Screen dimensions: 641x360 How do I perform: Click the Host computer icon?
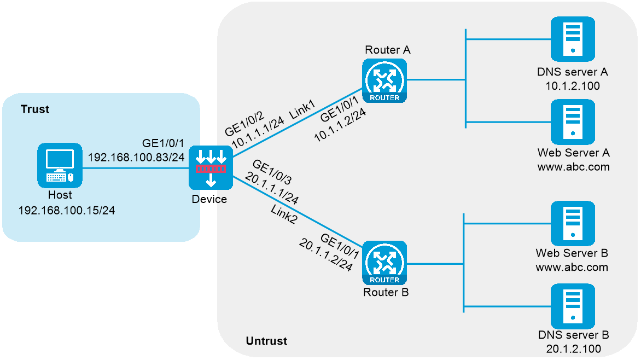[x=60, y=165]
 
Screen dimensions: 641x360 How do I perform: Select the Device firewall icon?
[x=211, y=168]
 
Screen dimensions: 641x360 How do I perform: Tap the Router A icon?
[x=384, y=80]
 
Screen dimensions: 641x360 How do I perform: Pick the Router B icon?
[x=384, y=263]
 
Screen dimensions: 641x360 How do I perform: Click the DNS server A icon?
[x=573, y=39]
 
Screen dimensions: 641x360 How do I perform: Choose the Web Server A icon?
[x=573, y=122]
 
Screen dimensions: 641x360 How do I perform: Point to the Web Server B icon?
[x=573, y=223]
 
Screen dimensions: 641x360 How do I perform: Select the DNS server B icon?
[x=573, y=306]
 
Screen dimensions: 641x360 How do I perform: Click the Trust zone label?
[x=35, y=109]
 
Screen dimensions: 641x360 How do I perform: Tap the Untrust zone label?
[x=266, y=341]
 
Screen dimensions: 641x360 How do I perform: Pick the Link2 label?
[x=284, y=214]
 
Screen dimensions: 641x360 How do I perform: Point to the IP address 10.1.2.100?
[x=573, y=86]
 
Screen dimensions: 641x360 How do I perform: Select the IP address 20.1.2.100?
[x=574, y=349]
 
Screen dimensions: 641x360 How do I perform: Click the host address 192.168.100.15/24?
[x=67, y=210]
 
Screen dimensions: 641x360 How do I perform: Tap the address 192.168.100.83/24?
[x=136, y=158]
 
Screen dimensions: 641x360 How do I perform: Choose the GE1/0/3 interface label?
[x=272, y=172]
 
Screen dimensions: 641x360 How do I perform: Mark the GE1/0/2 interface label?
[x=244, y=124]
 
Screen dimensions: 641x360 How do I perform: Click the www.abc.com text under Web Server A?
[x=574, y=167]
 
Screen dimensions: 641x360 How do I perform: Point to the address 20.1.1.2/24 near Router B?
[x=326, y=255]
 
